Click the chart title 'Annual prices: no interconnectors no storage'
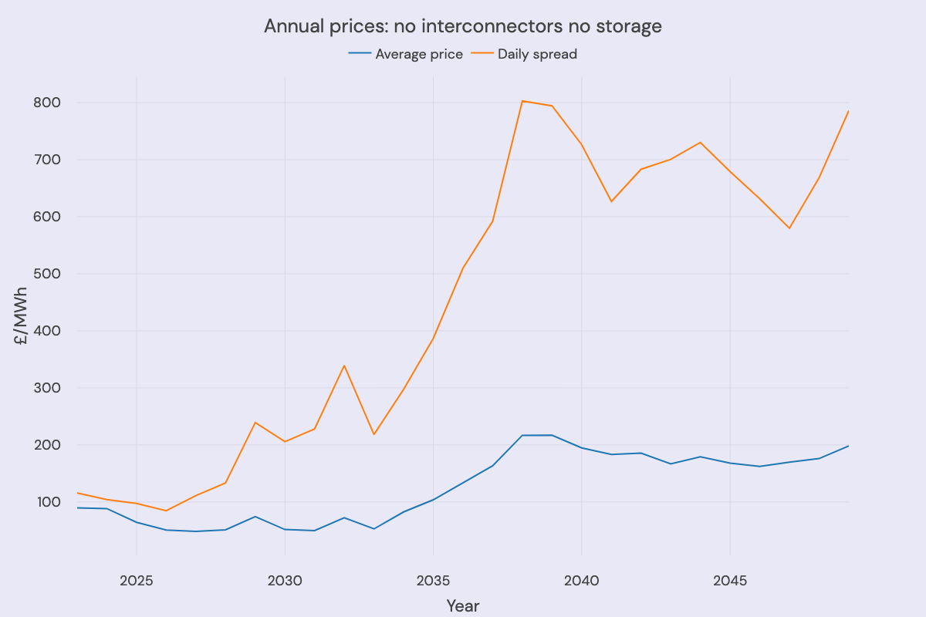coord(463,26)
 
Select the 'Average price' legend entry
coord(418,54)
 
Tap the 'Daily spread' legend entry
coord(537,54)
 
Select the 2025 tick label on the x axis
coord(137,580)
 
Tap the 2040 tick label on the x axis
coord(581,580)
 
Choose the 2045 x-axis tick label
coord(729,580)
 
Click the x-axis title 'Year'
coord(463,606)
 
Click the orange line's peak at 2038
coord(522,101)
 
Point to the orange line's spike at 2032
coord(344,366)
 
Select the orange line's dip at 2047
coord(789,228)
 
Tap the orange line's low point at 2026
coord(166,511)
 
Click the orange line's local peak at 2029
coord(255,423)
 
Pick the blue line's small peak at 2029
coord(255,517)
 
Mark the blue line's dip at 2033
coord(373,529)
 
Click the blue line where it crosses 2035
coord(433,500)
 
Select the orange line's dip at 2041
coord(611,202)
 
